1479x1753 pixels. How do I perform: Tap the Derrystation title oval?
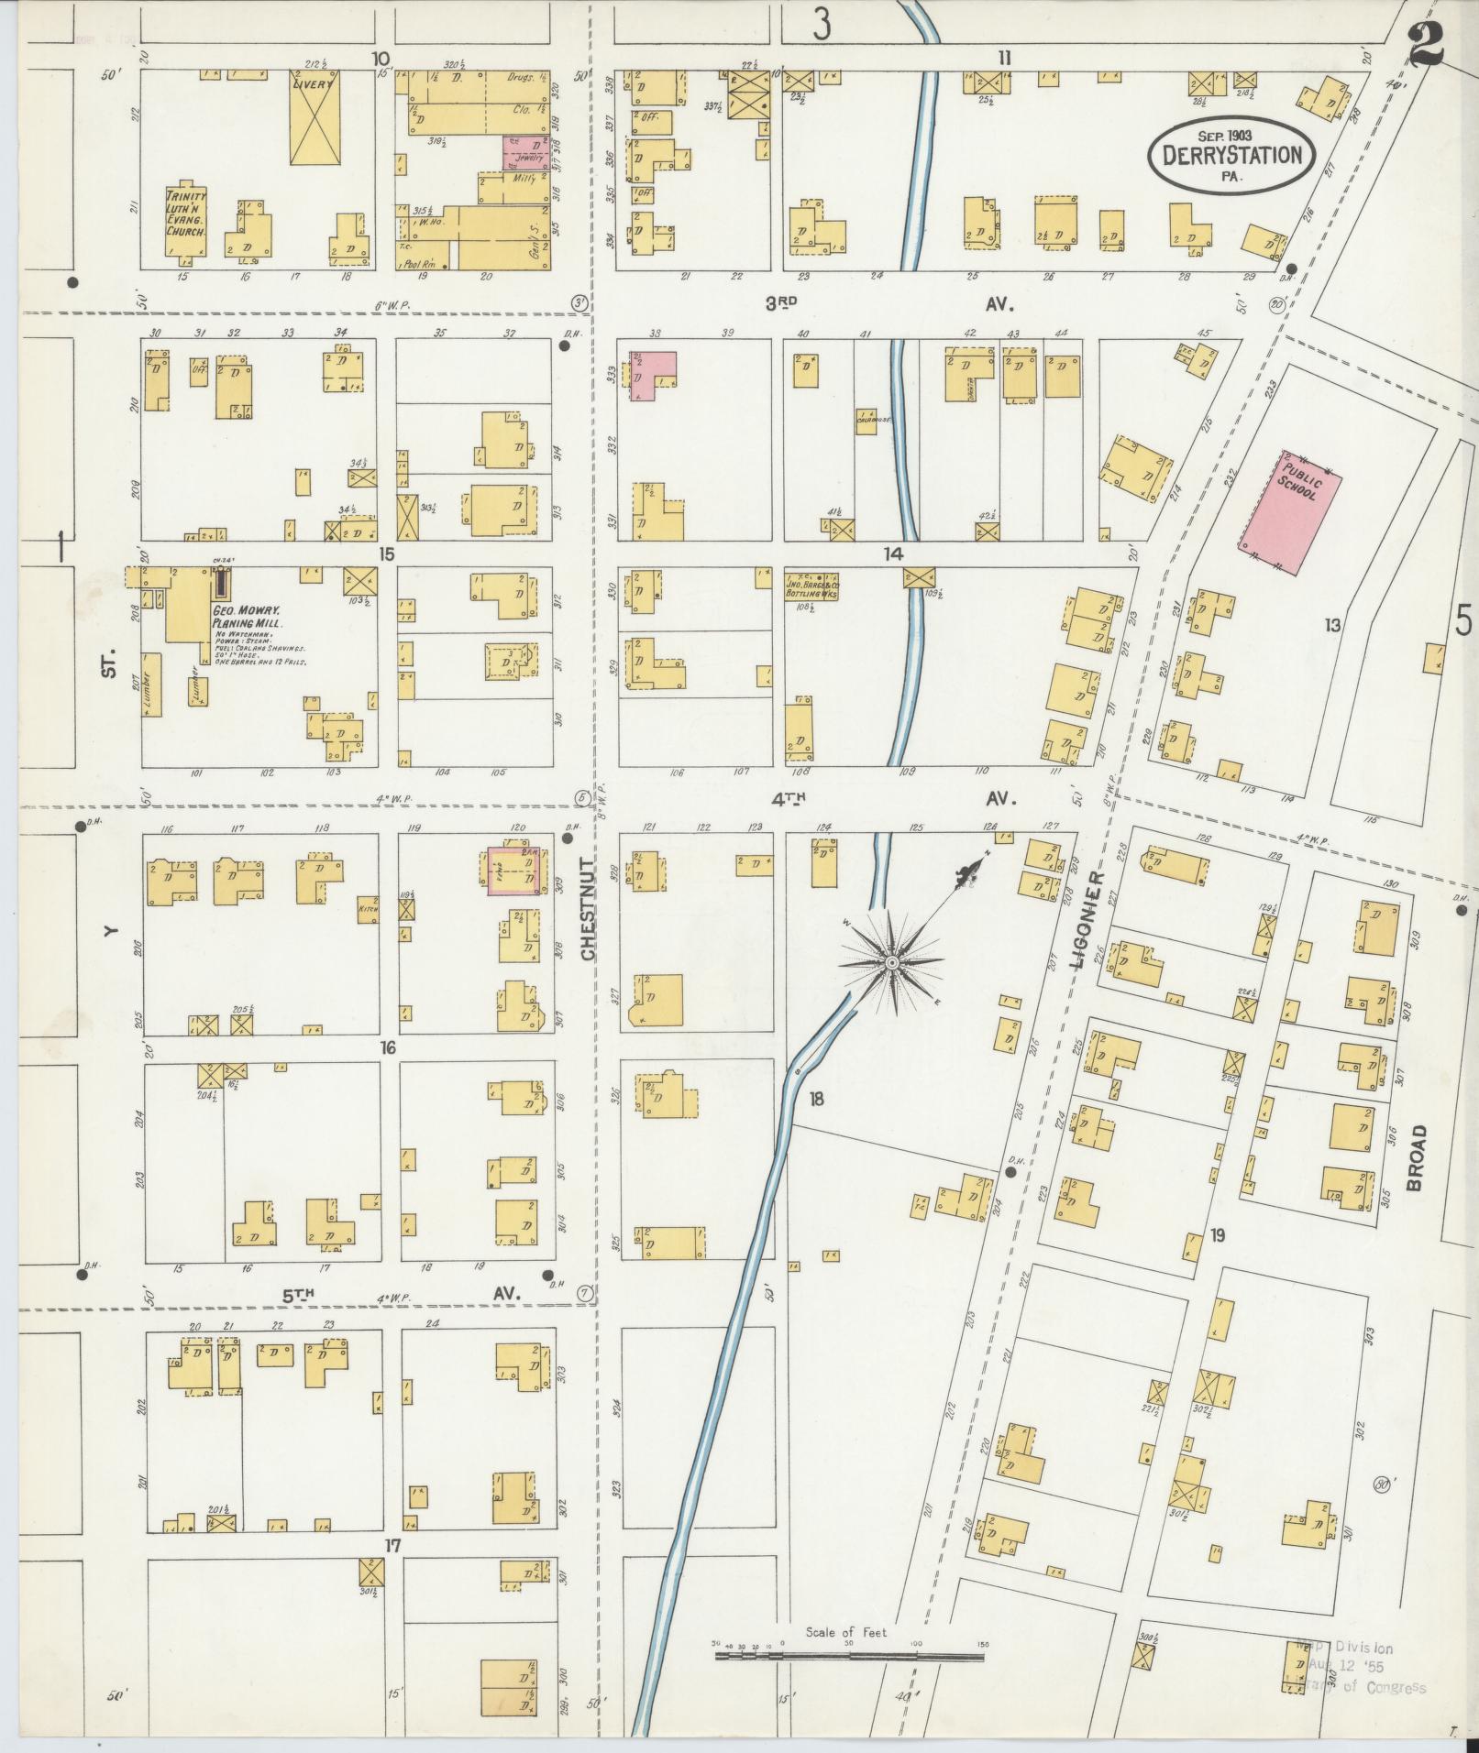coord(1231,155)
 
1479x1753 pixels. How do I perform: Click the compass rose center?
coord(890,963)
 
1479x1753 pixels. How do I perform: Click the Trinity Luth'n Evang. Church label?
coord(186,214)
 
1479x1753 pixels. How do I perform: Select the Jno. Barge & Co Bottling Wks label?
coord(812,585)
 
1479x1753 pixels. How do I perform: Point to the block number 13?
coord(1331,625)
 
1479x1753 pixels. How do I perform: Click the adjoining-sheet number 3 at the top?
coord(822,25)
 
